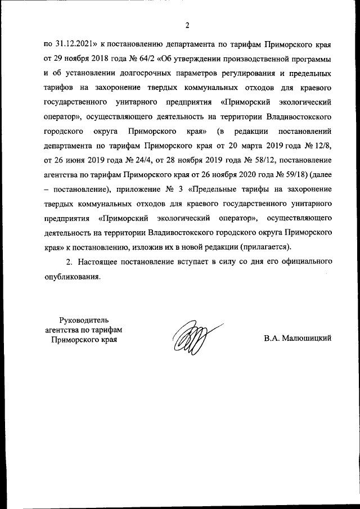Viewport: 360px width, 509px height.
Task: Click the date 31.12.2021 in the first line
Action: (74, 44)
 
